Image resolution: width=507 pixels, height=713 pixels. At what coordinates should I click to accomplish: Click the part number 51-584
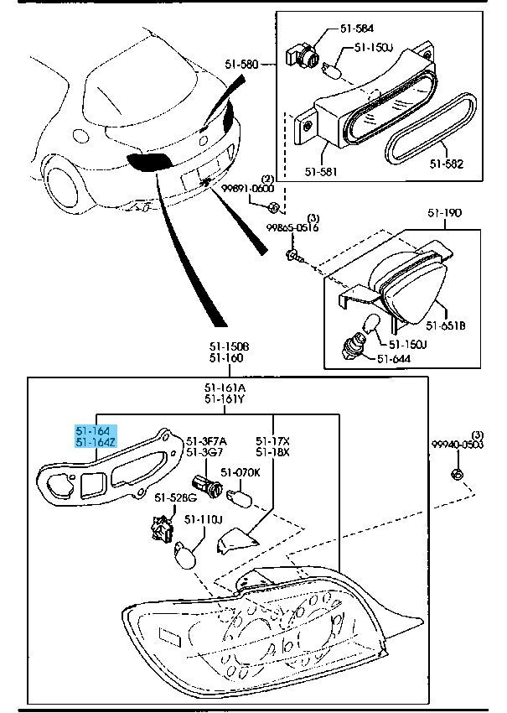(x=356, y=29)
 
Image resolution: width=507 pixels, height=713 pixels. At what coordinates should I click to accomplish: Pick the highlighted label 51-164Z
(x=94, y=442)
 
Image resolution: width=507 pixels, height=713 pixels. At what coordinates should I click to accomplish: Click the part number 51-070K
(x=242, y=472)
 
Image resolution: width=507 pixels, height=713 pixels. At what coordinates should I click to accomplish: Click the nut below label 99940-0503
(x=456, y=476)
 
